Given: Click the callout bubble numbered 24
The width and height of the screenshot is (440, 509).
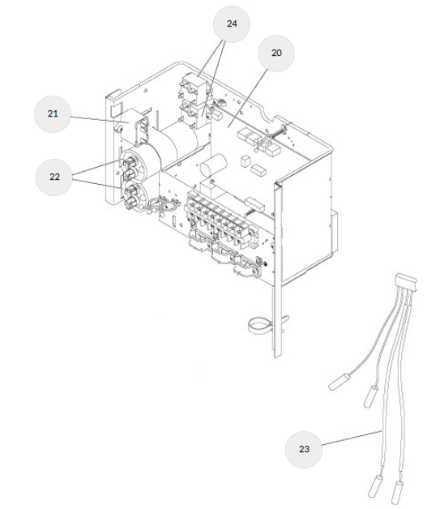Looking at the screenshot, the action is [232, 24].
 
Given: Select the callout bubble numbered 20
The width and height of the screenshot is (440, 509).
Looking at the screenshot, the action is [276, 53].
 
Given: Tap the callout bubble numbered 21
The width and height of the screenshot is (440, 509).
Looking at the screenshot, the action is [53, 114].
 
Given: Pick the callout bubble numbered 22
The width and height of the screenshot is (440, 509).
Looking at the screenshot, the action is [54, 177].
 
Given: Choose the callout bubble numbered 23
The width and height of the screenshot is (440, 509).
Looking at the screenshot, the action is [304, 449].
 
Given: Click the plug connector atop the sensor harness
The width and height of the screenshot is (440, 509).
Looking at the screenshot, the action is [406, 282].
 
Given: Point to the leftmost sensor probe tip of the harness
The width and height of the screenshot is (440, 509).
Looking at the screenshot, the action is [339, 382].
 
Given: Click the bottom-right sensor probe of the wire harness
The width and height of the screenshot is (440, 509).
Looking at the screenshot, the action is [398, 493].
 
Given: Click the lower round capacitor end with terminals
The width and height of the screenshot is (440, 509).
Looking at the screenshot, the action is [131, 195].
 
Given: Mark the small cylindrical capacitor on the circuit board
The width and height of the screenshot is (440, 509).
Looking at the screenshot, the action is [213, 166].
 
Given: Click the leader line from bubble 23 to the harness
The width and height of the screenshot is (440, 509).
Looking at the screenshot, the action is [352, 438].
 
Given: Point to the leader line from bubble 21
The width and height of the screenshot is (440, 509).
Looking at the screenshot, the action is [100, 120].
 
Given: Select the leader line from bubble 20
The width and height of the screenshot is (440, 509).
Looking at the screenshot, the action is [248, 97].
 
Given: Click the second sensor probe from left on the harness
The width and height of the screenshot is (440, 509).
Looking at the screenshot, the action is [371, 396].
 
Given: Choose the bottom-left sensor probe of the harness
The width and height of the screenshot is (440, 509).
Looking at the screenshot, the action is [375, 485].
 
